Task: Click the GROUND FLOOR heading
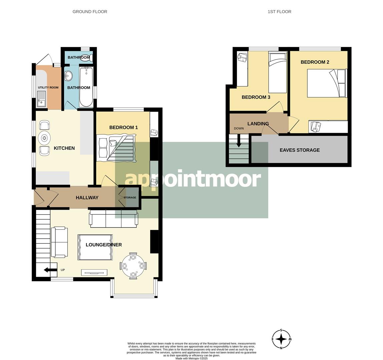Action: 90,12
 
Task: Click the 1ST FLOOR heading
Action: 279,12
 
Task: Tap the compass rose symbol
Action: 281,339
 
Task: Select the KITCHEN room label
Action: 64,148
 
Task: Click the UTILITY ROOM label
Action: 48,88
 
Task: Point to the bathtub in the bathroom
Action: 86,87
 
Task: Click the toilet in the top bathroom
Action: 85,57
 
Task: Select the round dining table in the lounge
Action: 133,266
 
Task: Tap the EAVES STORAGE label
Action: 300,150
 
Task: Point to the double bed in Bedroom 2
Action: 326,83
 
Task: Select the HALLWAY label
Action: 87,198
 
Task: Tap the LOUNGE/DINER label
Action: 103,245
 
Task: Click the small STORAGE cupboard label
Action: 130,198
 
